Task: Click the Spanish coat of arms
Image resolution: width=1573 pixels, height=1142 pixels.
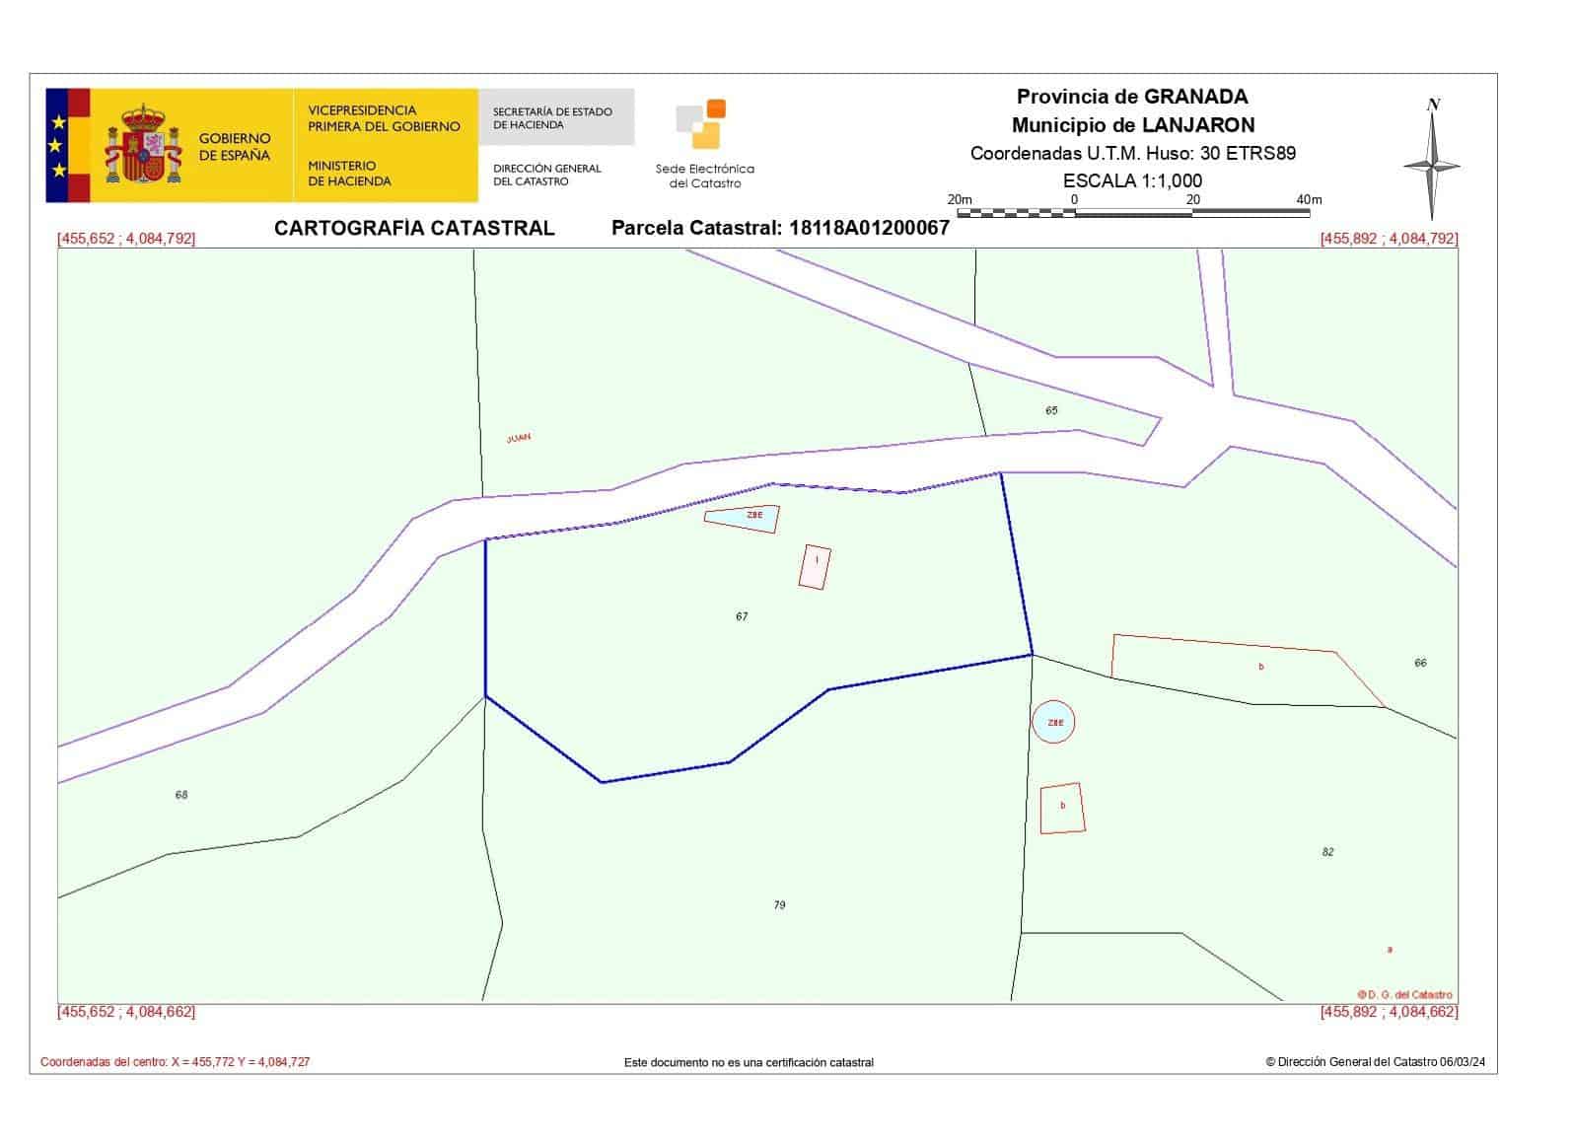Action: [x=144, y=145]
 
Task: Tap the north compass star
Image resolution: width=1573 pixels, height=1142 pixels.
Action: [x=1432, y=166]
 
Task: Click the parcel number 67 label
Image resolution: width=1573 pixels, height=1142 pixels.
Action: [x=742, y=616]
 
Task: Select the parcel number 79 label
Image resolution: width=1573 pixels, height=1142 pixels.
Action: [x=779, y=904]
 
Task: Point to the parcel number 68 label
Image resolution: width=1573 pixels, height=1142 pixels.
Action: [x=181, y=795]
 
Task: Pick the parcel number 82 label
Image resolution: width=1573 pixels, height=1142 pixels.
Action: [x=1327, y=852]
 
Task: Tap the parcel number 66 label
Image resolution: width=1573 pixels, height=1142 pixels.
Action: [x=1420, y=663]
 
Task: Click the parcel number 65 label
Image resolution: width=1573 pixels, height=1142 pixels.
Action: [x=1051, y=410]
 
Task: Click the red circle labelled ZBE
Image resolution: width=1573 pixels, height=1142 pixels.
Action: [x=1054, y=723]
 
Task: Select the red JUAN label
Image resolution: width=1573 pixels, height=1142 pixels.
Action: [x=519, y=438]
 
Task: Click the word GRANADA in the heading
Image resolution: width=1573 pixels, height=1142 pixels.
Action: [x=1195, y=97]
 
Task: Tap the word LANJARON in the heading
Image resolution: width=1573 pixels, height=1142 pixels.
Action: [x=1198, y=125]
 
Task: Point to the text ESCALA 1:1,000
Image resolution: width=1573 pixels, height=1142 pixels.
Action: [x=1132, y=180]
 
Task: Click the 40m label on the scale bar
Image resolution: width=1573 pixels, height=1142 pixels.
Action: [x=1309, y=200]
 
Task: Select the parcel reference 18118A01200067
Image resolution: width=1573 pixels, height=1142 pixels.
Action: [x=869, y=228]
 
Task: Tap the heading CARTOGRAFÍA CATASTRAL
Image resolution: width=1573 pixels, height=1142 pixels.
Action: [x=414, y=228]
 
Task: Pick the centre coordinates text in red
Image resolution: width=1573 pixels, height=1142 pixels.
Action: [x=175, y=1062]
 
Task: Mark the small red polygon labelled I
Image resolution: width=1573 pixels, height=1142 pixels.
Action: [x=815, y=567]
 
